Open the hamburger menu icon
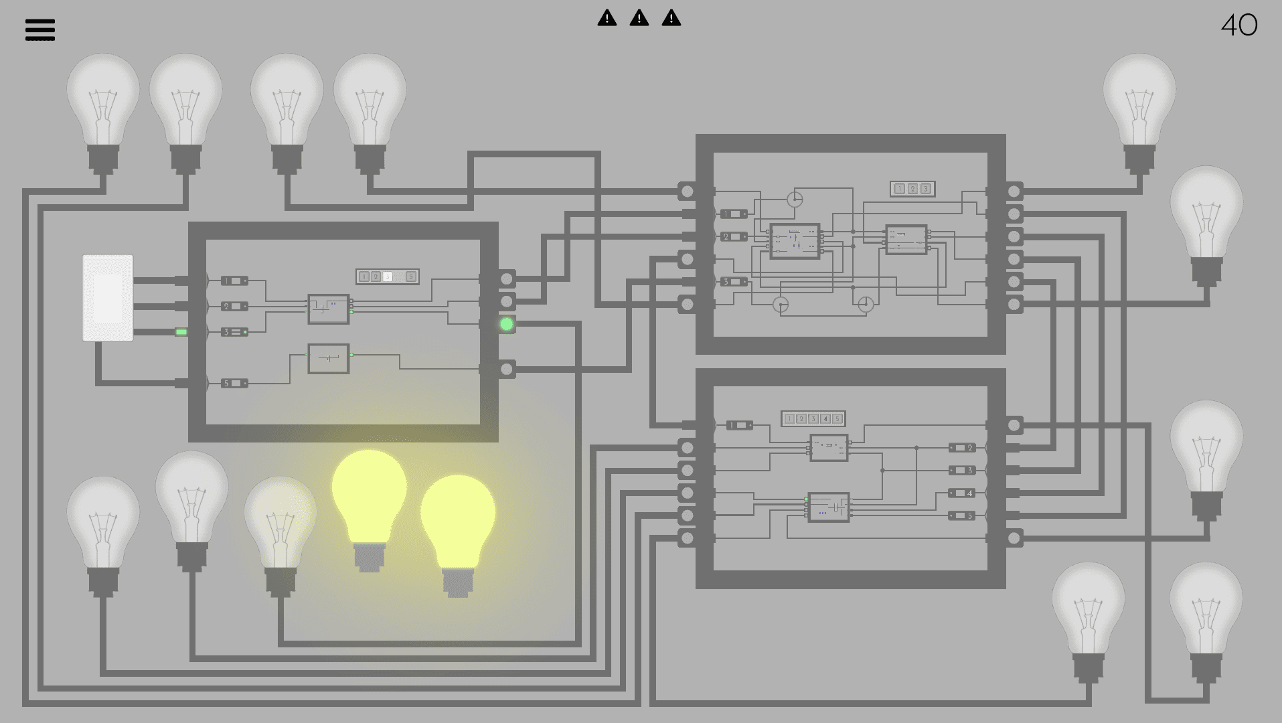[40, 29]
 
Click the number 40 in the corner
[1239, 25]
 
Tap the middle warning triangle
[639, 18]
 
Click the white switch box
[108, 298]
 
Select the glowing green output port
[507, 324]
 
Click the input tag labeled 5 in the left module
[234, 384]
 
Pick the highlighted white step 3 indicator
[388, 276]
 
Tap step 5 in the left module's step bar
[411, 276]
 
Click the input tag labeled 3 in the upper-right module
[734, 282]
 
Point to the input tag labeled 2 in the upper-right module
[734, 236]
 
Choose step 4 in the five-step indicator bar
[825, 419]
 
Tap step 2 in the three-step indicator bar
[912, 189]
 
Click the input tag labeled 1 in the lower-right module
[739, 425]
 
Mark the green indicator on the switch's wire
[181, 332]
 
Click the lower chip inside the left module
[329, 359]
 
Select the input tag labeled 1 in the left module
[234, 280]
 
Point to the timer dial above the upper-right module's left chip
[794, 199]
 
